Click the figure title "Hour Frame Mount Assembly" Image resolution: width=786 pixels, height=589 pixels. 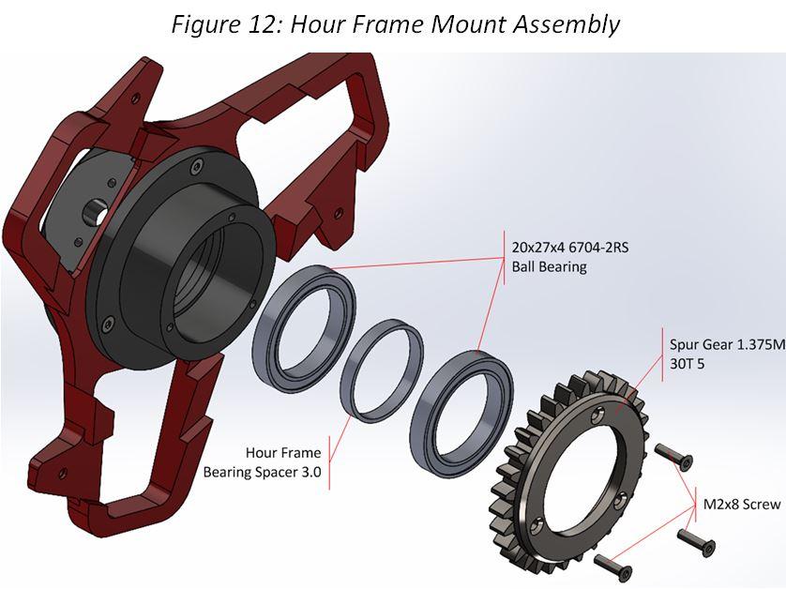(455, 24)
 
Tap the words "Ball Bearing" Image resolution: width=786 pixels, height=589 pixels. (549, 266)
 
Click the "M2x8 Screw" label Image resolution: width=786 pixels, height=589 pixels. (742, 504)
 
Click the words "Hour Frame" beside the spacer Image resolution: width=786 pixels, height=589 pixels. (283, 452)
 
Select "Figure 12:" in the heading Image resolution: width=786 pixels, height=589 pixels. (227, 24)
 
